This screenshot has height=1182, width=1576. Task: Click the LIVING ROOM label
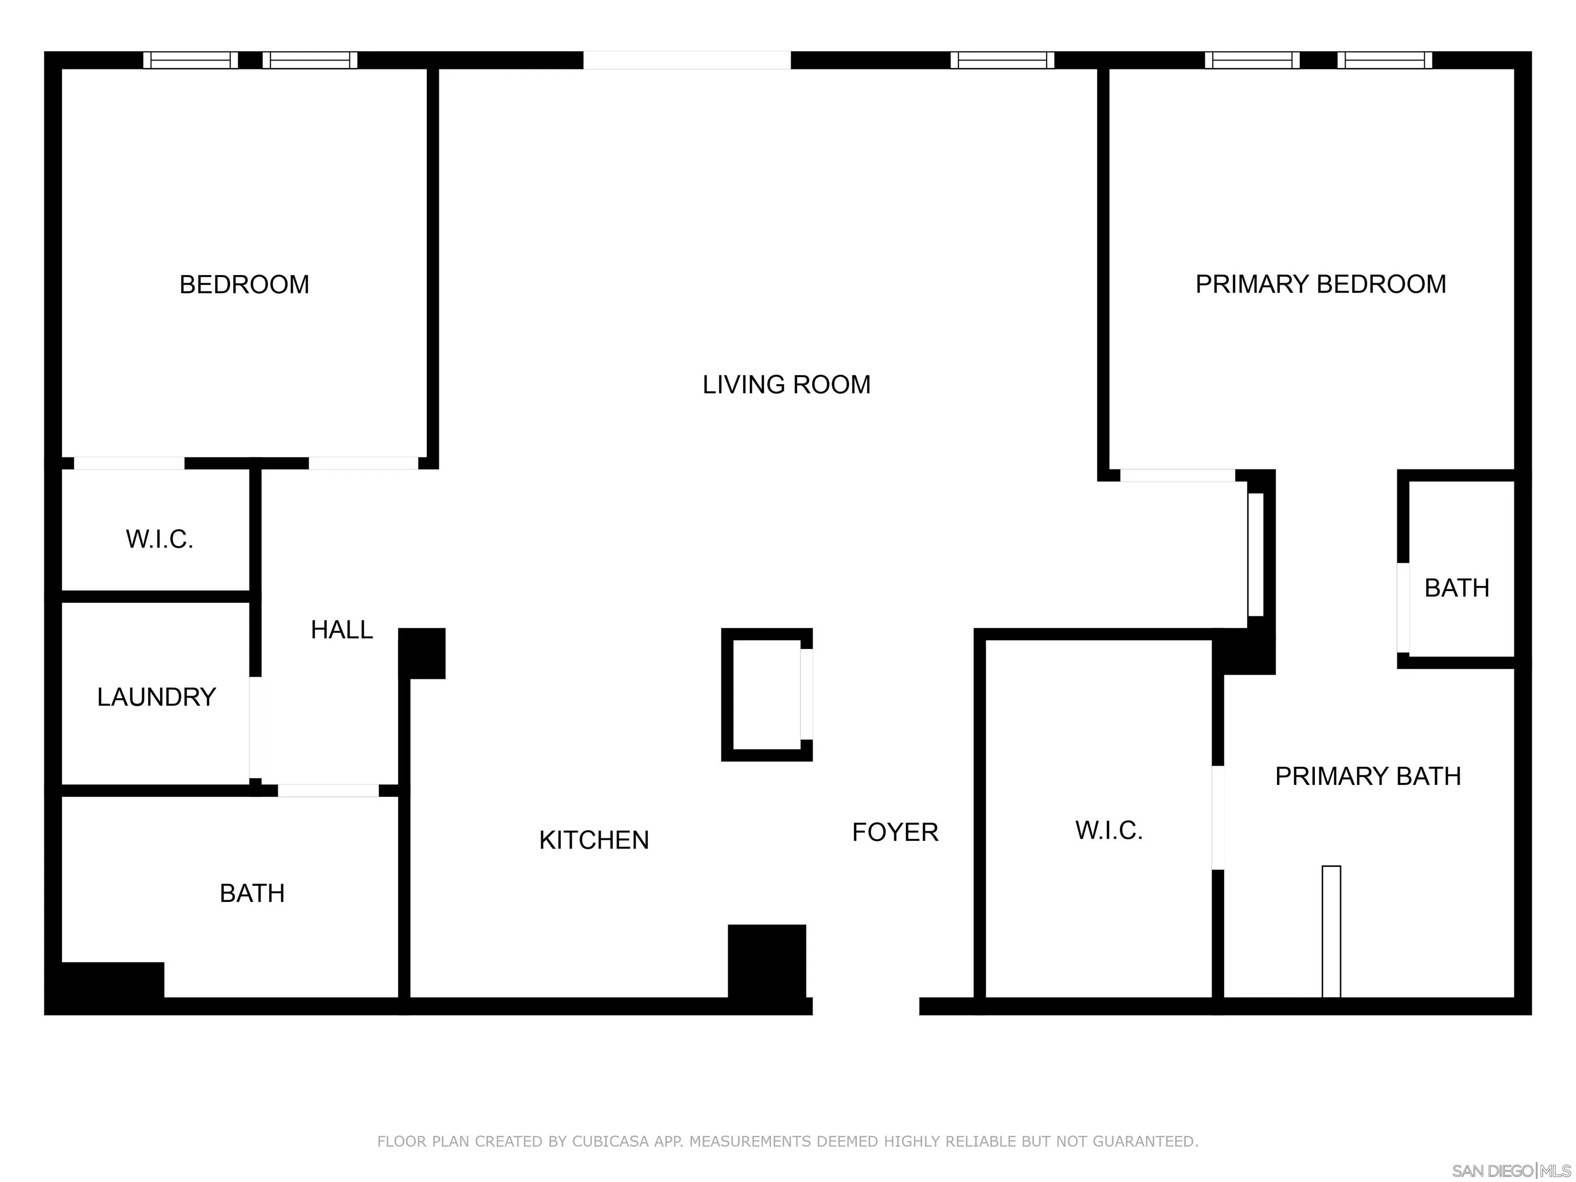(786, 385)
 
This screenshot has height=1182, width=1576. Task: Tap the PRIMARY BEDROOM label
(1320, 284)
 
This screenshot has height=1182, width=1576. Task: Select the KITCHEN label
(594, 840)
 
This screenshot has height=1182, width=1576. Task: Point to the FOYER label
(895, 832)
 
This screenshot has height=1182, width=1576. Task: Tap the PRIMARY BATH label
(1367, 776)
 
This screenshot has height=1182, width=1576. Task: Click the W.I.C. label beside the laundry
(160, 539)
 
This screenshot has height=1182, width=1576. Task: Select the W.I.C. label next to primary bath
(1109, 830)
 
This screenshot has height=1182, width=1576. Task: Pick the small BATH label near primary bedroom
(1456, 588)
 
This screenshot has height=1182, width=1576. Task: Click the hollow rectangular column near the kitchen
(765, 695)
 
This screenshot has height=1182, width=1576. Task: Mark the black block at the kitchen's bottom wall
(766, 962)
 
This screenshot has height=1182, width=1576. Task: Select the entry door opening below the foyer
(865, 1006)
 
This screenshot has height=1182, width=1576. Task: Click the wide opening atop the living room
(687, 61)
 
